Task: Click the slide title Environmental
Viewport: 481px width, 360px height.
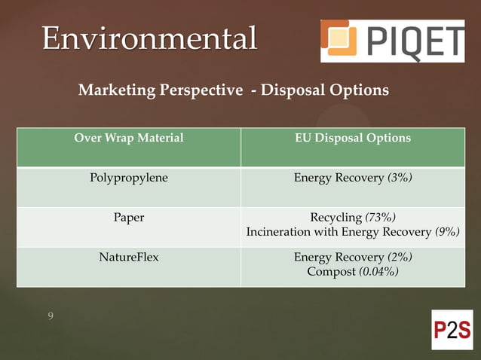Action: pos(149,38)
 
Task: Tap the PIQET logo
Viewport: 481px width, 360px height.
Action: pos(392,41)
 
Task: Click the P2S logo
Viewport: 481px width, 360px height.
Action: pos(452,330)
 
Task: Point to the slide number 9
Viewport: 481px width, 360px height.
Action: pos(51,316)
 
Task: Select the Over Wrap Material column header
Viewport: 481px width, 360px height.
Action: pos(129,139)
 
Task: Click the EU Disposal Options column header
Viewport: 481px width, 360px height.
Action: pos(353,139)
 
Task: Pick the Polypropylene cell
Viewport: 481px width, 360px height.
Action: pos(129,178)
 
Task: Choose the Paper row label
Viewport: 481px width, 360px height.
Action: pos(129,218)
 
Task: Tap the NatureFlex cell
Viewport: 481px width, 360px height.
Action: pos(129,258)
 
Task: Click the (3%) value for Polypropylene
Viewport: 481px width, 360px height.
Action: pos(400,178)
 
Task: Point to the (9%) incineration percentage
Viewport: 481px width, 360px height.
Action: pos(447,232)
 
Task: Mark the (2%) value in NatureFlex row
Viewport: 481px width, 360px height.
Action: pos(400,258)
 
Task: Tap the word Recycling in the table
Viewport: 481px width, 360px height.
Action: pos(336,218)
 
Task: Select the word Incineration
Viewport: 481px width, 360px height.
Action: pos(278,232)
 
